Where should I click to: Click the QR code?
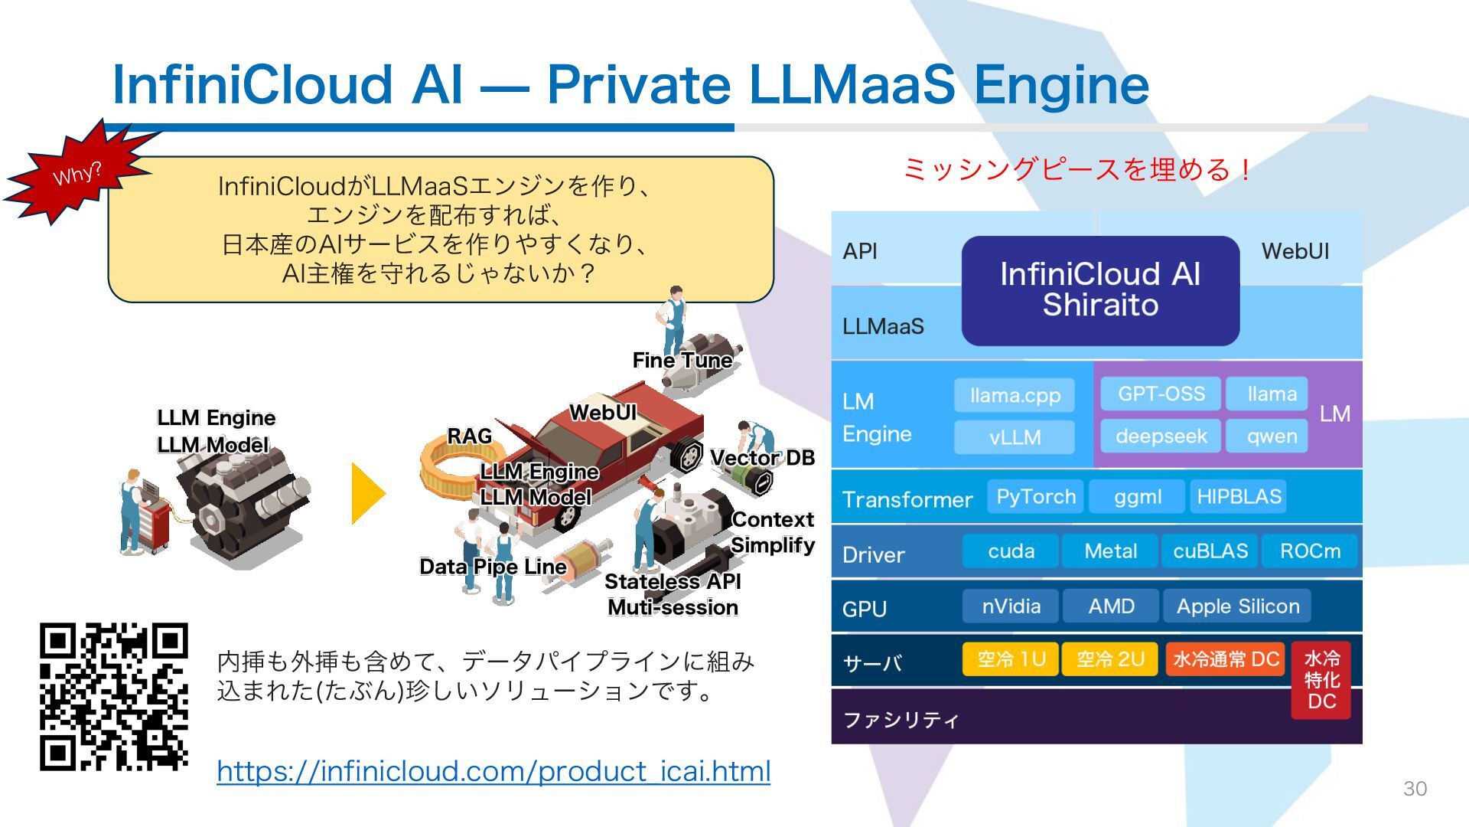click(x=114, y=696)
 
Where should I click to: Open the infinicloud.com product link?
click(x=493, y=771)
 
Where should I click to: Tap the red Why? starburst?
click(x=77, y=174)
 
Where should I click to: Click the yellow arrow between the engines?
click(x=368, y=493)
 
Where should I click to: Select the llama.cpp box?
click(x=1015, y=395)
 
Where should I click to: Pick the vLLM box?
click(x=1015, y=437)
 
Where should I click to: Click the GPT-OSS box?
click(x=1161, y=394)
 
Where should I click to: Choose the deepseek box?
click(x=1161, y=436)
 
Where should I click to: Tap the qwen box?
click(x=1271, y=436)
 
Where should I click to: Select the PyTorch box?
click(x=1035, y=496)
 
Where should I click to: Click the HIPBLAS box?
click(x=1239, y=496)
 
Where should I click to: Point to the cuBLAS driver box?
click(x=1210, y=551)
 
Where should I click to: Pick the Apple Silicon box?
click(x=1237, y=606)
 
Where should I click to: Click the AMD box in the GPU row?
click(x=1111, y=606)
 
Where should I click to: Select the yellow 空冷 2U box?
click(x=1110, y=659)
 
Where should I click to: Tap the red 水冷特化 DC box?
click(x=1321, y=680)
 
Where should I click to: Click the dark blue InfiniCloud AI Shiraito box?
click(x=1100, y=290)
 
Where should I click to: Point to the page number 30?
click(x=1415, y=789)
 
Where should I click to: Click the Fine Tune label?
click(x=682, y=360)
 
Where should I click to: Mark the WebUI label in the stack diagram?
click(x=1295, y=251)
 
